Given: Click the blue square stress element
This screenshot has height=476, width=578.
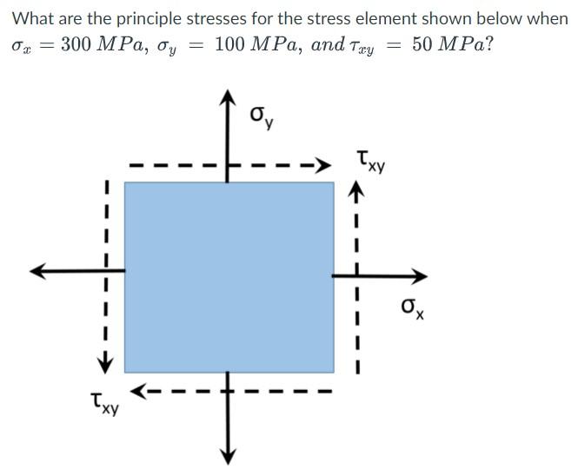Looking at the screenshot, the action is pos(229,276).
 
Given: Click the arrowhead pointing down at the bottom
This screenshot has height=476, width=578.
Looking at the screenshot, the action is pos(229,455).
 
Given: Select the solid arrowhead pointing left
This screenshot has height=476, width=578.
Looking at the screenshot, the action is pos(38,271).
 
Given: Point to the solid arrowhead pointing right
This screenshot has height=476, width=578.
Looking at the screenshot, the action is pos(419,276).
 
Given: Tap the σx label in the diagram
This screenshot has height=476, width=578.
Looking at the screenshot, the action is pos(412,307).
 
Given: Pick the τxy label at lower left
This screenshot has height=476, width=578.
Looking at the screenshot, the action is pos(104,403).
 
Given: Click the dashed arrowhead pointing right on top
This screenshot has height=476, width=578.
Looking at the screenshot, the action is pos(322,165).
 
